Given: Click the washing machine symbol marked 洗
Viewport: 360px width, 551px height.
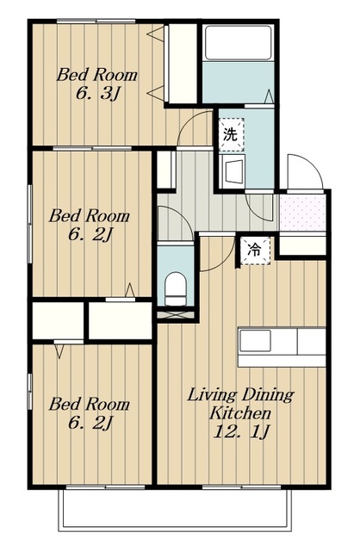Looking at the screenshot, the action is (x=231, y=134).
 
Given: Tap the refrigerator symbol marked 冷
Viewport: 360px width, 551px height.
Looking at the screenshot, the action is (x=256, y=251).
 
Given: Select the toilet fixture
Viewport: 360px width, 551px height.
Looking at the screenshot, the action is (x=175, y=289).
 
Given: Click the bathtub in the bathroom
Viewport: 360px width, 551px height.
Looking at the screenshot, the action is (x=239, y=42).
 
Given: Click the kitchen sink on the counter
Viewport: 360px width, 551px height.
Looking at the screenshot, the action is (x=255, y=341).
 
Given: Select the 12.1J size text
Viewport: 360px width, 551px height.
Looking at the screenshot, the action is (x=241, y=431).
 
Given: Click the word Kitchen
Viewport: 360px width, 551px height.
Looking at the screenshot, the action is (x=240, y=413).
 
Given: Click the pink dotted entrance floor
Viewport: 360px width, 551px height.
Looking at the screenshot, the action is (x=302, y=213).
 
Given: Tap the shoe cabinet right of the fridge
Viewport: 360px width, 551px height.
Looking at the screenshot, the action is (x=302, y=245).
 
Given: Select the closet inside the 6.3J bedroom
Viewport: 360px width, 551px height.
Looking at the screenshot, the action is (x=182, y=64).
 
